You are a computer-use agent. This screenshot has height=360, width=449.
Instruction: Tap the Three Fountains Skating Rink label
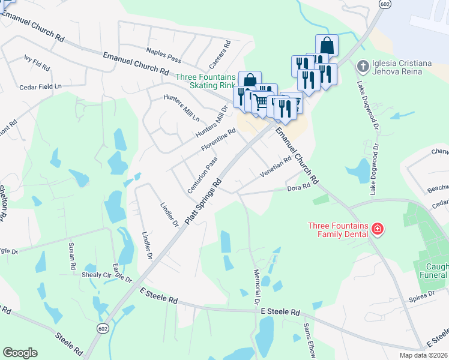click(205, 81)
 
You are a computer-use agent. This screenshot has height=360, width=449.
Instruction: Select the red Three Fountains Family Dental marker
click(378, 229)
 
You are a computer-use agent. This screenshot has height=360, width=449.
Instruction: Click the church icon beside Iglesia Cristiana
click(362, 65)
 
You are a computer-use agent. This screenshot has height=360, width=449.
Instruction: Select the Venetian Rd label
click(275, 167)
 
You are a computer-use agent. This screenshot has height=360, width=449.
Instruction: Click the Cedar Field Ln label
click(41, 86)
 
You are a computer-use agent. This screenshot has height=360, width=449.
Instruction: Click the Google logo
click(20, 353)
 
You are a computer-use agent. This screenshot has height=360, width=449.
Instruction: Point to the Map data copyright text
click(424, 355)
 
